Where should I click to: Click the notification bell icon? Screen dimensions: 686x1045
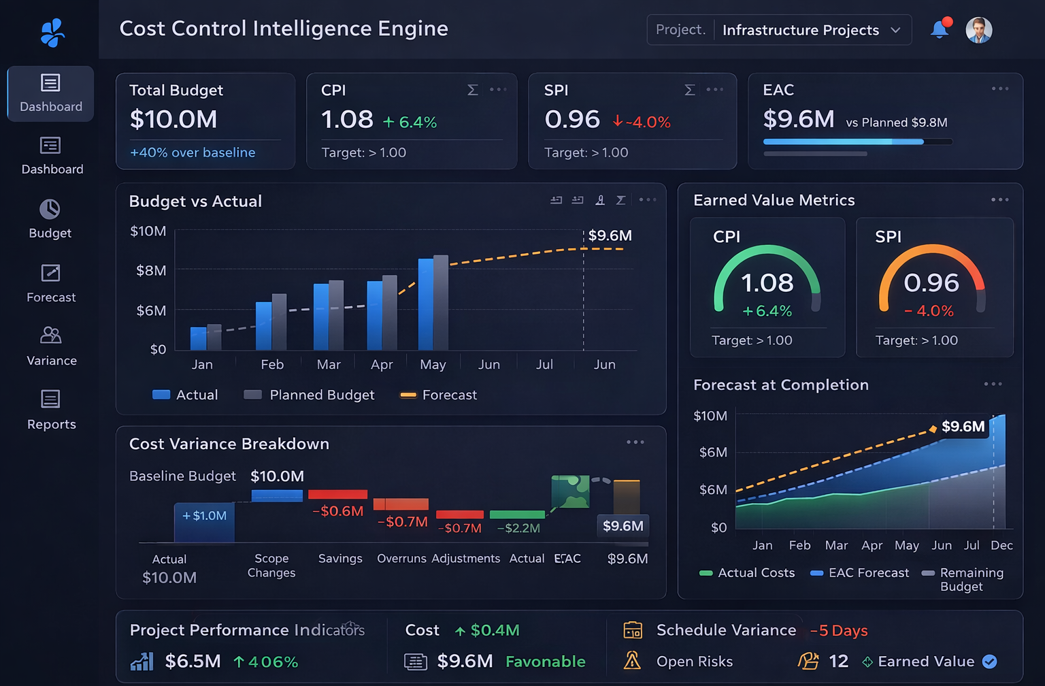click(940, 29)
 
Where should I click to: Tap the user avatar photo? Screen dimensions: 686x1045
click(978, 30)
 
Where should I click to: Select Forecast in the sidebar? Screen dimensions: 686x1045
click(51, 283)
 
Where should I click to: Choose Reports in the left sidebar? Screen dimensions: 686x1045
click(51, 410)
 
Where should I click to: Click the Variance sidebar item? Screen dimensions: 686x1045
click(51, 346)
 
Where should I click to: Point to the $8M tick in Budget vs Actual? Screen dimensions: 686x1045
click(151, 271)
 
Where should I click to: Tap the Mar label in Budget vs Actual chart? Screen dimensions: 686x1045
click(329, 365)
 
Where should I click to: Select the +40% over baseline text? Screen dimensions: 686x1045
click(193, 152)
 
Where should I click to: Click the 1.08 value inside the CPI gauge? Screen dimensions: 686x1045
click(767, 282)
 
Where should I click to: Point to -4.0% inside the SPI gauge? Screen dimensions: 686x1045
click(929, 311)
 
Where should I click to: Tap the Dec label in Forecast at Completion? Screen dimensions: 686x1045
click(1001, 545)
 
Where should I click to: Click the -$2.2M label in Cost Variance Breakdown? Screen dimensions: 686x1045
click(518, 528)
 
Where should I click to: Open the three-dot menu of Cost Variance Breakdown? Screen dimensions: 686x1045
click(635, 442)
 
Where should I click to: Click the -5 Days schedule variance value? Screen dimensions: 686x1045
click(839, 630)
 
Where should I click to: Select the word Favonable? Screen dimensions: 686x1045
click(545, 661)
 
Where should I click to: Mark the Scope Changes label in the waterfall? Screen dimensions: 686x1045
click(271, 566)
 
